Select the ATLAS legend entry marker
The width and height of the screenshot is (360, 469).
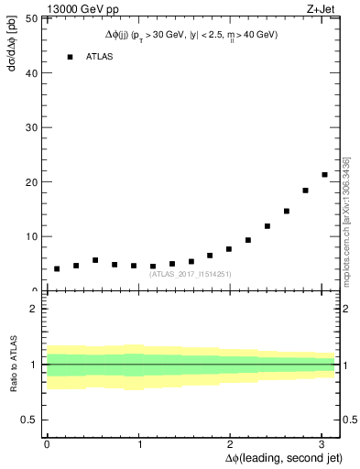[70, 57]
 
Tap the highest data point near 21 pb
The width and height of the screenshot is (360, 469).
[324, 174]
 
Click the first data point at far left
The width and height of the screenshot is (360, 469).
[57, 268]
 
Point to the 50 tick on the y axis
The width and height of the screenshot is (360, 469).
[33, 18]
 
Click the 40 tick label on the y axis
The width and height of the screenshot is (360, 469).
[33, 73]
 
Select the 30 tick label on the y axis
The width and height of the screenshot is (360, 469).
[33, 127]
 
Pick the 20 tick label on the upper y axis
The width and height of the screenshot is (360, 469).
[33, 181]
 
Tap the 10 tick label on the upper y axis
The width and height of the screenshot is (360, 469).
[33, 235]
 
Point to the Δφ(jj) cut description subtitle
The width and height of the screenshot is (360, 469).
[191, 34]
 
